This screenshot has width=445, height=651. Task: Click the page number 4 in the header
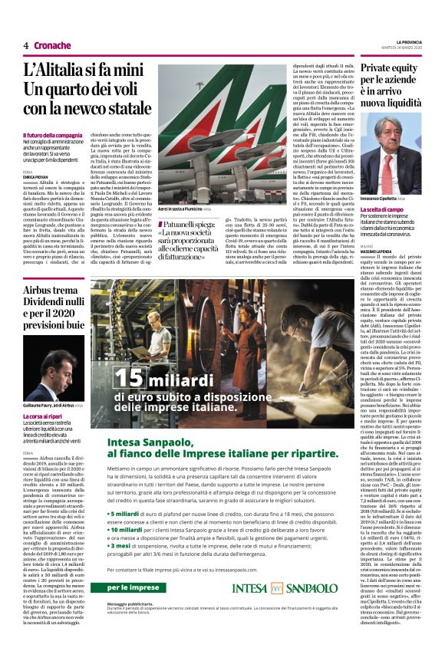26,46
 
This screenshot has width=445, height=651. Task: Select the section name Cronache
51,46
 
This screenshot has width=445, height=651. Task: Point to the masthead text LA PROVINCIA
410,42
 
